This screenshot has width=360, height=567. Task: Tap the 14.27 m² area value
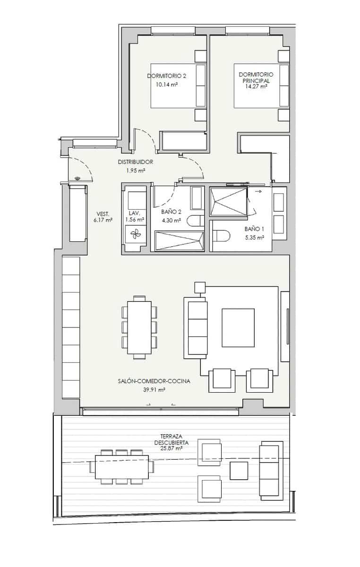coord(257,86)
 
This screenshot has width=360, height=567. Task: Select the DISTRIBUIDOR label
coord(136,162)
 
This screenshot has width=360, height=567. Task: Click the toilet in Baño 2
coord(195,220)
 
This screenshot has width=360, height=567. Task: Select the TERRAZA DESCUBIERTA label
coord(171,439)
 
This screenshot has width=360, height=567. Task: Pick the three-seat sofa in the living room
coord(197,327)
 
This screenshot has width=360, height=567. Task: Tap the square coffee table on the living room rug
coord(238,327)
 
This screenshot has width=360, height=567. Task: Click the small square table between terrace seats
coord(239,470)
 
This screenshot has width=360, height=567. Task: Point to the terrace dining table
coord(122,466)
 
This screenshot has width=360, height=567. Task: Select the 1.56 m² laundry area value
coord(135,220)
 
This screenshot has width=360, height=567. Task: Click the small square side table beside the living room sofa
coord(199,288)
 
